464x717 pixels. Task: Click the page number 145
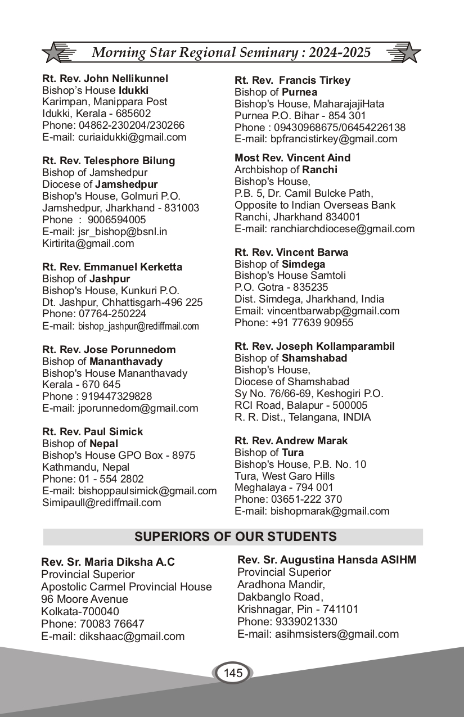(233, 673)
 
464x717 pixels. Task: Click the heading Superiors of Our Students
(235, 536)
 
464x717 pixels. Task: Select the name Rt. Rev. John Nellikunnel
(105, 79)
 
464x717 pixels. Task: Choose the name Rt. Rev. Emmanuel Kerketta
(112, 267)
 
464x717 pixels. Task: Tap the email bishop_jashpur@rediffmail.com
(138, 326)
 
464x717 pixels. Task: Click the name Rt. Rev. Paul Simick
(93, 432)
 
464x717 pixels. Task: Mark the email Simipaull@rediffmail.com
(102, 503)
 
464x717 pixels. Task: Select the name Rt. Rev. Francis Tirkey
(292, 80)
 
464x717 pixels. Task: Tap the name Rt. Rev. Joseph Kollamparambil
(314, 346)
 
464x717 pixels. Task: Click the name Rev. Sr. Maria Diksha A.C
(108, 562)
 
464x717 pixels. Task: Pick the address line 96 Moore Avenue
(84, 599)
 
